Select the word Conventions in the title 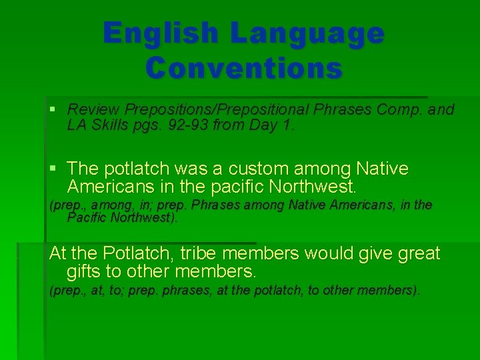click(243, 67)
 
